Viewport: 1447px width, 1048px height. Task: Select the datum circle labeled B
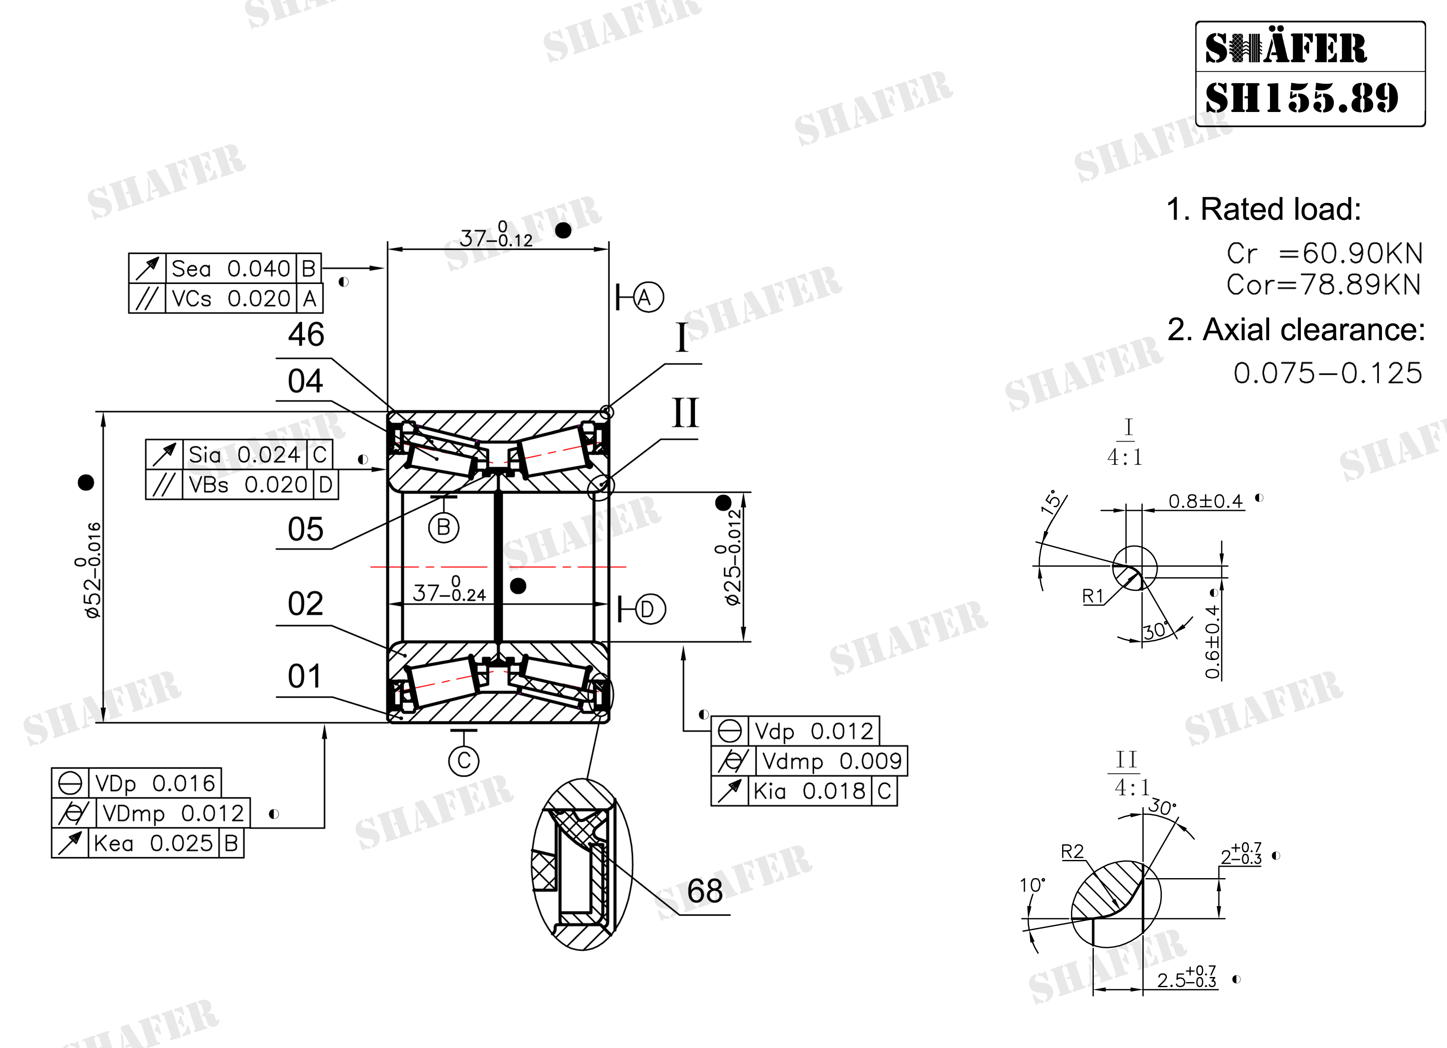444,528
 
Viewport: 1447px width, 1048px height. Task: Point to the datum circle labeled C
464,761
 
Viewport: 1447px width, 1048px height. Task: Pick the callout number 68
705,891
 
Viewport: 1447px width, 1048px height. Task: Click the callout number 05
305,530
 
